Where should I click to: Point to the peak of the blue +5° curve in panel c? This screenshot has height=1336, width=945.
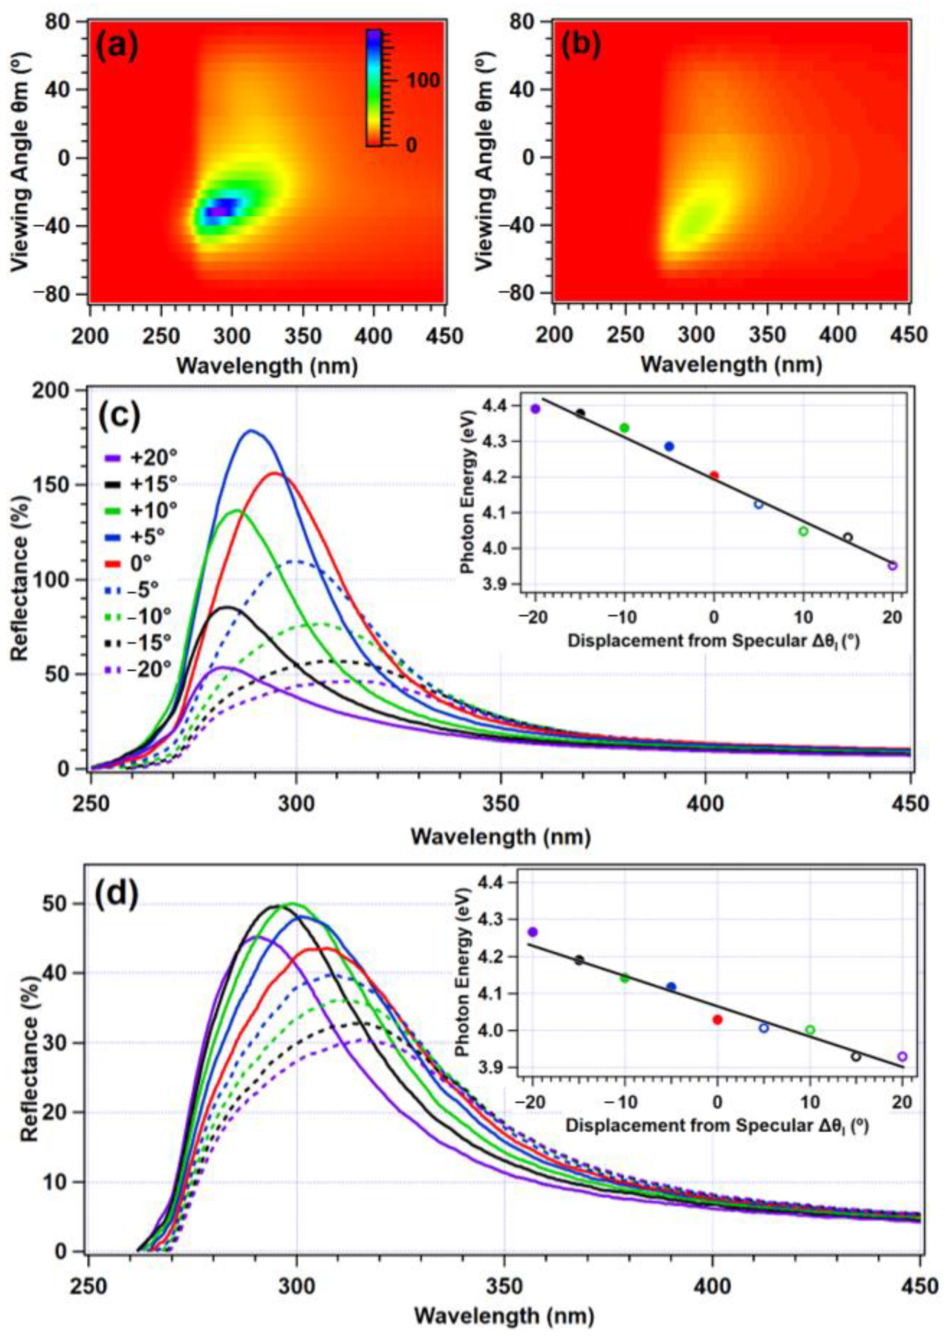[x=251, y=431]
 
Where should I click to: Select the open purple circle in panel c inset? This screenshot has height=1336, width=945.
[x=892, y=565]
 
